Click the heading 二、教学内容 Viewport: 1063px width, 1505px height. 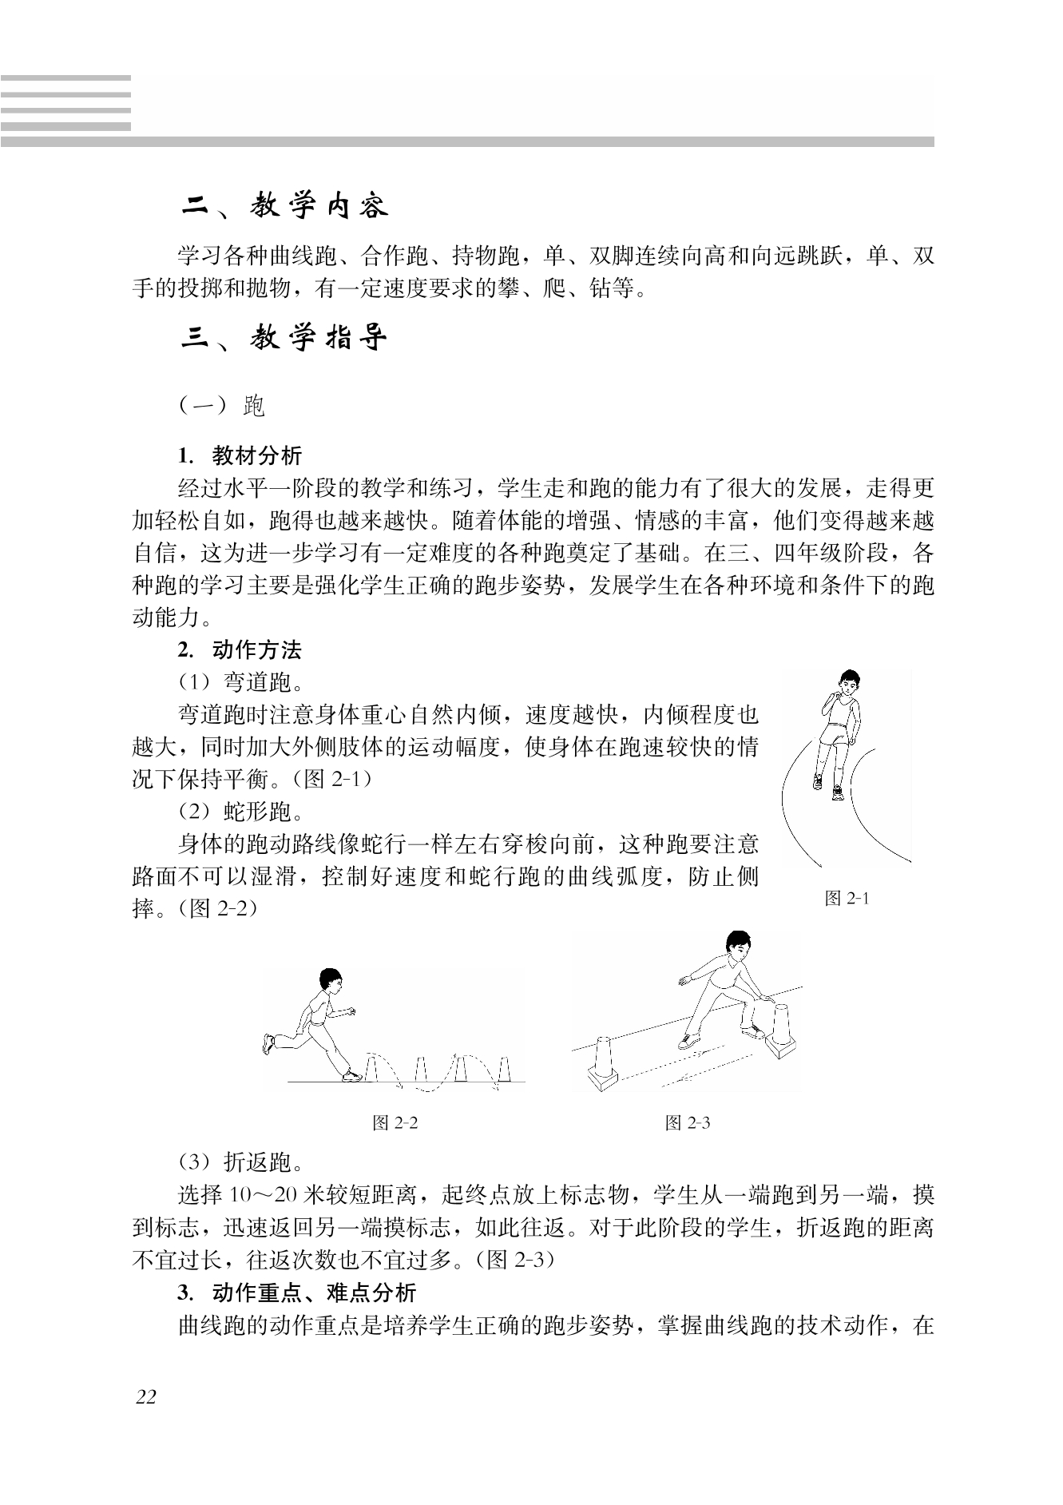point(284,206)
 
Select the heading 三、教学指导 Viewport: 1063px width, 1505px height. point(284,339)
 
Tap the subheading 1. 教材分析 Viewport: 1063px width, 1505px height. point(240,456)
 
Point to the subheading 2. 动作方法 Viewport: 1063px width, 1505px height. point(240,650)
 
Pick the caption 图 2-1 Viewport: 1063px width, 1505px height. point(847,899)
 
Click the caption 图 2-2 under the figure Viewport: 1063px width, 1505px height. point(395,1123)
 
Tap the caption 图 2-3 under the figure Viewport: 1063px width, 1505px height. point(688,1123)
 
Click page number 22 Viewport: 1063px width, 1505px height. point(146,1397)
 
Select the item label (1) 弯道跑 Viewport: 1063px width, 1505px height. point(240,683)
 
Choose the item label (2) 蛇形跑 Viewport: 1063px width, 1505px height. point(240,813)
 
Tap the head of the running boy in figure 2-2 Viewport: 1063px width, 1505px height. point(330,979)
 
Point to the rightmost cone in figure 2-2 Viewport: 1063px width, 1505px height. point(503,1069)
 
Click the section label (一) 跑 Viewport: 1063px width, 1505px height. point(221,407)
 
